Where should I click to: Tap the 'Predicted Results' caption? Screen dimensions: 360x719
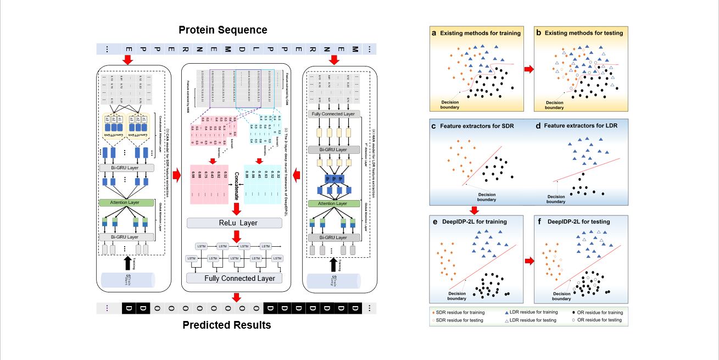(227, 325)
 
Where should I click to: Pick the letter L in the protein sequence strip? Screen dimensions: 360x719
(255, 49)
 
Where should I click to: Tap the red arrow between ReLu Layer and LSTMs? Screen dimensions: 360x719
(237, 236)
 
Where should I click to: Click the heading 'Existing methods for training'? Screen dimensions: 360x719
(480, 33)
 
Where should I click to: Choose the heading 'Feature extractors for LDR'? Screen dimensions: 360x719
(581, 126)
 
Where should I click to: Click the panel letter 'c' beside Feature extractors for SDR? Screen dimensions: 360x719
(434, 126)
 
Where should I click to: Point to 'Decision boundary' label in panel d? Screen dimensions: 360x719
(555, 199)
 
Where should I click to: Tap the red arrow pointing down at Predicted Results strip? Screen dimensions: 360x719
(237, 297)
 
